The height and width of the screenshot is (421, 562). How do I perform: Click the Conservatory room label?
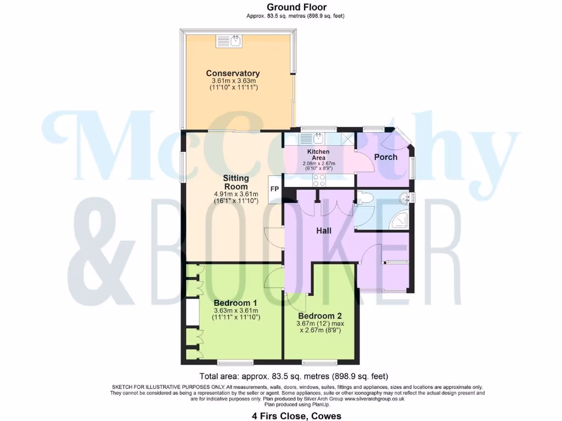click(233, 73)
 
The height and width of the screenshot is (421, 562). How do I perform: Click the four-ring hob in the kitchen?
click(319, 180)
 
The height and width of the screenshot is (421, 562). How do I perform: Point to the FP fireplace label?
click(274, 189)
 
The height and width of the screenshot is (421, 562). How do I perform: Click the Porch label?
click(385, 157)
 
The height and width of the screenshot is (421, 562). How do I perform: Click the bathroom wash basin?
click(406, 197)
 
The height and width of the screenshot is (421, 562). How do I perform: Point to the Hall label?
click(324, 231)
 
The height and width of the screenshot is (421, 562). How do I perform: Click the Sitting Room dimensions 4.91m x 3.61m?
click(236, 194)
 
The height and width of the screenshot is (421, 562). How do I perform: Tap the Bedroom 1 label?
click(235, 303)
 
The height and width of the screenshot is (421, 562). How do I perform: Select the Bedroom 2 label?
click(320, 316)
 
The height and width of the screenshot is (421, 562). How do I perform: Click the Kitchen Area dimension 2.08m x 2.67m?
click(318, 163)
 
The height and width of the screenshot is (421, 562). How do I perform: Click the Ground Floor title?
click(296, 7)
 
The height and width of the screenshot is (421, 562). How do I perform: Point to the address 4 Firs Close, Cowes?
click(296, 416)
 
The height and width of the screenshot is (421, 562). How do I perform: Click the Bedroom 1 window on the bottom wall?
click(235, 362)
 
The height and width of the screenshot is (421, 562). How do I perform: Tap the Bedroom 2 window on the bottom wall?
click(319, 362)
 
